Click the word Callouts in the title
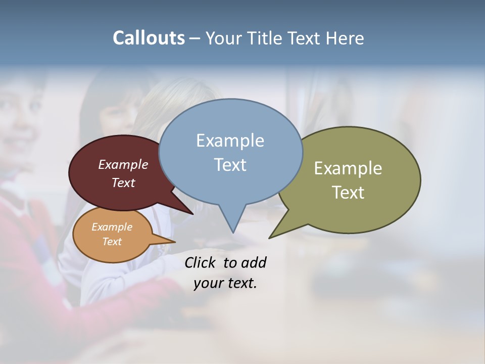click(149, 38)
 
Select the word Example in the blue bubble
click(230, 141)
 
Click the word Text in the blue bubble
click(230, 165)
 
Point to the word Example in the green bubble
click(348, 168)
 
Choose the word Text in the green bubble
click(348, 192)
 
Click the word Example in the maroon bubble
click(123, 164)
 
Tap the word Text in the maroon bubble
click(123, 183)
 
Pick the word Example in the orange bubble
click(112, 227)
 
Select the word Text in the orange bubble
click(112, 241)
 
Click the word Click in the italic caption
click(201, 262)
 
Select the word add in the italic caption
click(253, 262)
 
